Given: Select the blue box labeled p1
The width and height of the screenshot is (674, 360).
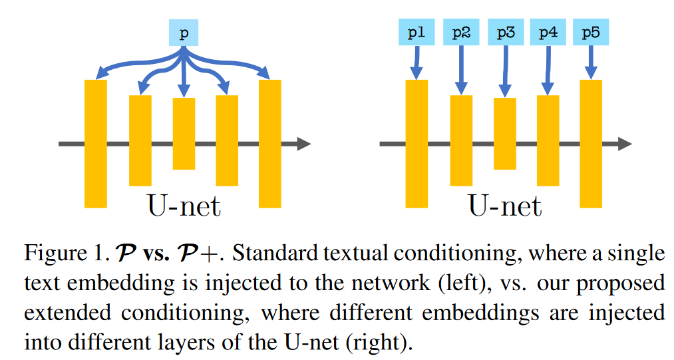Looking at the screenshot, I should point(417,32).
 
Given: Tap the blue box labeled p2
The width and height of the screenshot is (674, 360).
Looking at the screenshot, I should point(460,32).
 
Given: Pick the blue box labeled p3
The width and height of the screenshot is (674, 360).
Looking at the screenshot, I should point(505,32).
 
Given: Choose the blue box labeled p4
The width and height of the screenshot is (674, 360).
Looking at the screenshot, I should point(548,32).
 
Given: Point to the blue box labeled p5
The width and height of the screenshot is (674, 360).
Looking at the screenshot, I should point(591,32).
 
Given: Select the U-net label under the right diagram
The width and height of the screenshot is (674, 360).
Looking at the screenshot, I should point(505,206).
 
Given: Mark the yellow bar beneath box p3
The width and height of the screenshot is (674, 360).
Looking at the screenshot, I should point(505,134).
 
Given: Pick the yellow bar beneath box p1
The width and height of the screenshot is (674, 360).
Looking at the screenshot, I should point(417,143).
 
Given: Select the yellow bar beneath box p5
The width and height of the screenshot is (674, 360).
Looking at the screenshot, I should point(591,143).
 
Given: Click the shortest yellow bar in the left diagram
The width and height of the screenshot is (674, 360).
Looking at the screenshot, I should point(184,134).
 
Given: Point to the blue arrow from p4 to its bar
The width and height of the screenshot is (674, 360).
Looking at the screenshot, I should point(547,70).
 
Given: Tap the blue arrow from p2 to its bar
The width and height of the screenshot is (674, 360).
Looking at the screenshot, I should point(460,70).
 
